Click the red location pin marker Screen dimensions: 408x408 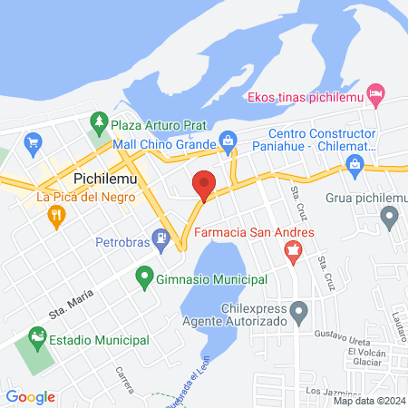coord(204,185)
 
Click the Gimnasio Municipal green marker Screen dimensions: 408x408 coord(143,277)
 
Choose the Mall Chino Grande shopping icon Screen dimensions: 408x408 coord(228,141)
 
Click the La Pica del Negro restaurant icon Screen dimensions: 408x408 coord(56,215)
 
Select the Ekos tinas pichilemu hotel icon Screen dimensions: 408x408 coord(378,94)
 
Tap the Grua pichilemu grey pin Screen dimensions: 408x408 coord(390,216)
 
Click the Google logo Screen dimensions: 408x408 coord(30,396)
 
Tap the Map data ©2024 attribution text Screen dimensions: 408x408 coord(369,401)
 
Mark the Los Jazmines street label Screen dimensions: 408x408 coord(328,392)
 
